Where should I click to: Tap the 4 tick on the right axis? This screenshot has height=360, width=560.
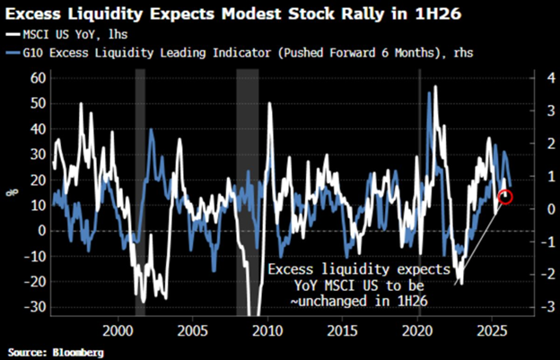click(535, 78)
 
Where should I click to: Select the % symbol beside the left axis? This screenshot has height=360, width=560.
click(11, 192)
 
